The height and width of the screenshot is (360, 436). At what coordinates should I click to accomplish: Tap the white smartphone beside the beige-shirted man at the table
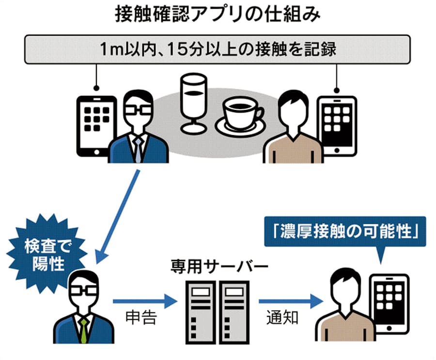tap(338, 125)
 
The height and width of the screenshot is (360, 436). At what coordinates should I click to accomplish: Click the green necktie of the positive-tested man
tap(84, 329)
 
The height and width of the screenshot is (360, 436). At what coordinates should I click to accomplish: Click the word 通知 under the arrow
tap(283, 318)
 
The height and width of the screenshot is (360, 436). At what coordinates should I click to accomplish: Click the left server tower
tap(201, 310)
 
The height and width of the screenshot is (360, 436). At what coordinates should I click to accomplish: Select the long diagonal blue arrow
tap(119, 216)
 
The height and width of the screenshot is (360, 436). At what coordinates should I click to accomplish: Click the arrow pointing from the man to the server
tap(143, 302)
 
